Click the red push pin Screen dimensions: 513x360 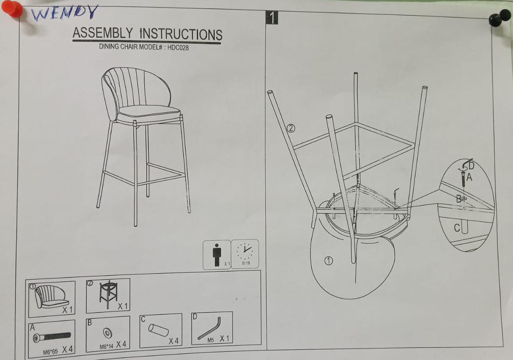tap(12, 9)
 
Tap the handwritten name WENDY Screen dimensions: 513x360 tap(64, 13)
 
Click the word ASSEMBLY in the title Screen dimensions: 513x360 tap(102, 33)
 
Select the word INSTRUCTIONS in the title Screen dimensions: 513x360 tap(181, 35)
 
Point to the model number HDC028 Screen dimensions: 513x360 tap(178, 48)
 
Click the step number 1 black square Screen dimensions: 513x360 tap(272, 17)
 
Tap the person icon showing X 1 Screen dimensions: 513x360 tap(217, 255)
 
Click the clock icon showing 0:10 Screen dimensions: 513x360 tap(245, 254)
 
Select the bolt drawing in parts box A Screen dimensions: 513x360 tap(52, 337)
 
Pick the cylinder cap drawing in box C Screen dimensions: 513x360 tap(159, 330)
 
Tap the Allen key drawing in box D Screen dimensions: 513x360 tap(209, 328)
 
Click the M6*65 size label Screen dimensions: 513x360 tap(50, 352)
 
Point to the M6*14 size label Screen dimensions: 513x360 tap(106, 347)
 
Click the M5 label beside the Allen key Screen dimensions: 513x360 tap(211, 340)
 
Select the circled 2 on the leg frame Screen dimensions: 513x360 tap(291, 128)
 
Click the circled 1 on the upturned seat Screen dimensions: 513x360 tap(329, 261)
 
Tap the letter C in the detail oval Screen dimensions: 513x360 tap(457, 228)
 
